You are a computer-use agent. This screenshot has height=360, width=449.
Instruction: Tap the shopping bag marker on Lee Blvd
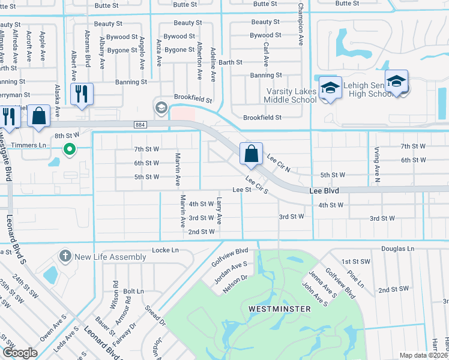[x=251, y=153]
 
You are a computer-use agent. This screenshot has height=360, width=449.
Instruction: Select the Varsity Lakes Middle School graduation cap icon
[x=330, y=88]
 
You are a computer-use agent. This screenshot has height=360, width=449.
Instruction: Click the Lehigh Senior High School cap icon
[x=396, y=81]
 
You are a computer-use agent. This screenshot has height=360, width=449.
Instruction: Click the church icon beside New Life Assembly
[x=65, y=257]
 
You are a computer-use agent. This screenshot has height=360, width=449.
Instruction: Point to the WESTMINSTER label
[x=280, y=309]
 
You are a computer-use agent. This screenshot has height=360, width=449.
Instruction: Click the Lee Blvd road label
[x=324, y=190]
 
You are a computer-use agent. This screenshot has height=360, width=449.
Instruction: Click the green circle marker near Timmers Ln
[x=70, y=149]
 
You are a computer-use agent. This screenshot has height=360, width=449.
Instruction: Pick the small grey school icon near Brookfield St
[x=160, y=107]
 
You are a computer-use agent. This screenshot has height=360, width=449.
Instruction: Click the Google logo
[x=20, y=352]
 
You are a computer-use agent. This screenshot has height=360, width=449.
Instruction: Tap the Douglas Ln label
[x=397, y=248]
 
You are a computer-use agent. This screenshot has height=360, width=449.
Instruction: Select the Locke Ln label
[x=166, y=250]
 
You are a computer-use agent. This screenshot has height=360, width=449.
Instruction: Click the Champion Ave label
[x=301, y=26]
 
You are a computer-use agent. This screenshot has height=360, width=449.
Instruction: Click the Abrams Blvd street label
[x=88, y=48]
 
